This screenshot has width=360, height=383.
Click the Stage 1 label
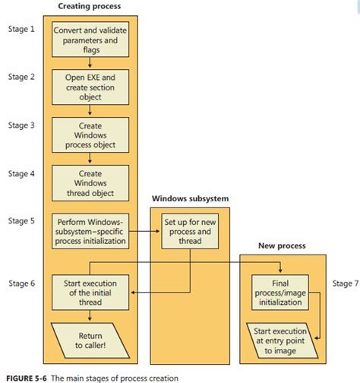[21, 30]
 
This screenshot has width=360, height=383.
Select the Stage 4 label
[21, 173]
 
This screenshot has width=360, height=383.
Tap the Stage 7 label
[346, 283]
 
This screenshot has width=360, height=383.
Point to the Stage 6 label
[21, 283]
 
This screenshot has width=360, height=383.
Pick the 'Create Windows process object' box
[90, 135]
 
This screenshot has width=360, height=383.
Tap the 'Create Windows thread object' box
[90, 182]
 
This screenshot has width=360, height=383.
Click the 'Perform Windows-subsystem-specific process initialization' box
[90, 230]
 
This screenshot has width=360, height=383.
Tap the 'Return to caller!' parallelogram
[90, 338]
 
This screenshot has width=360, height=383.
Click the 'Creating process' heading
[89, 6]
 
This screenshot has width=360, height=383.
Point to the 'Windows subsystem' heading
[190, 199]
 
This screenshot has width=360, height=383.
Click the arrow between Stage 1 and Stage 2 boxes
[90, 64]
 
